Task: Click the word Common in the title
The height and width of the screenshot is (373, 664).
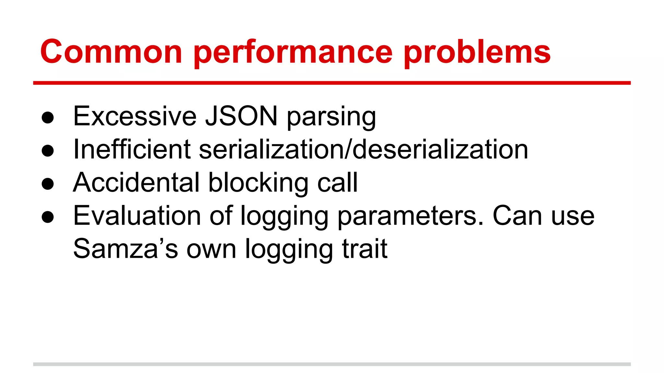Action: point(111,52)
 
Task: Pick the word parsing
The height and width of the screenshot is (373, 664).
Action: point(331,117)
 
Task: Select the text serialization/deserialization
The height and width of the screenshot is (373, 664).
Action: point(363,149)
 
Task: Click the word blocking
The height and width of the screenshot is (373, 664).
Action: point(258,183)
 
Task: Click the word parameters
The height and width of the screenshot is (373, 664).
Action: point(410,217)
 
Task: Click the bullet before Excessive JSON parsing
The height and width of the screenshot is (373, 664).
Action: point(48,118)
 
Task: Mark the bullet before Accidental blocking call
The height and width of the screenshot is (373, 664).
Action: point(48,184)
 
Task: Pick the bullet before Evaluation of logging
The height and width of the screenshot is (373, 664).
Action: point(48,217)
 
